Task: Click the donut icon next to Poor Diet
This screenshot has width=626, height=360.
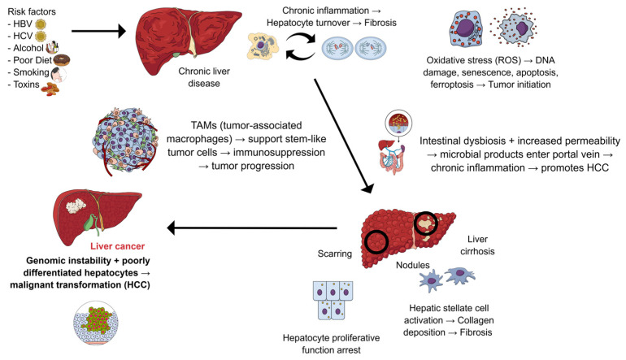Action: pos(62,60)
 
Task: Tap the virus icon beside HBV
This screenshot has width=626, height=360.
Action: pos(41,24)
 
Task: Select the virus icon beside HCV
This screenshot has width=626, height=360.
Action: pos(41,37)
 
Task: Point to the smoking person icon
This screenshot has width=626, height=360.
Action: pos(59,74)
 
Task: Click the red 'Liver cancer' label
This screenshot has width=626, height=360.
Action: pos(117,246)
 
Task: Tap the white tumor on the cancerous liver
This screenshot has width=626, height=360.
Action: pos(76,205)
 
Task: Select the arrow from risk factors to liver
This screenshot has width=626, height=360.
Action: pos(99,31)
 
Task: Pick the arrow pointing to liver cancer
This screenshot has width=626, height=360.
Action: pos(252,228)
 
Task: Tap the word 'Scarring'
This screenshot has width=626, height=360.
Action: pos(335,254)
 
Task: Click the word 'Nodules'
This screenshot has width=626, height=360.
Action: pos(413,265)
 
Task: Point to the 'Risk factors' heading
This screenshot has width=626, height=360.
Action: pos(32,11)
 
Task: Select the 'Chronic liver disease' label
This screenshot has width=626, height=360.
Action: pos(204,77)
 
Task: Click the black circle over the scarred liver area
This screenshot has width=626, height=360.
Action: pos(426,223)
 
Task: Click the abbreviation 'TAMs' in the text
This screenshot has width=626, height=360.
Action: pos(205,125)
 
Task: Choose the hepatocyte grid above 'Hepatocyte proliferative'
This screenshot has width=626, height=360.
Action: pos(333,300)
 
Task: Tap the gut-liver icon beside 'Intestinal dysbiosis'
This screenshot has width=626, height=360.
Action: pos(396,143)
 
